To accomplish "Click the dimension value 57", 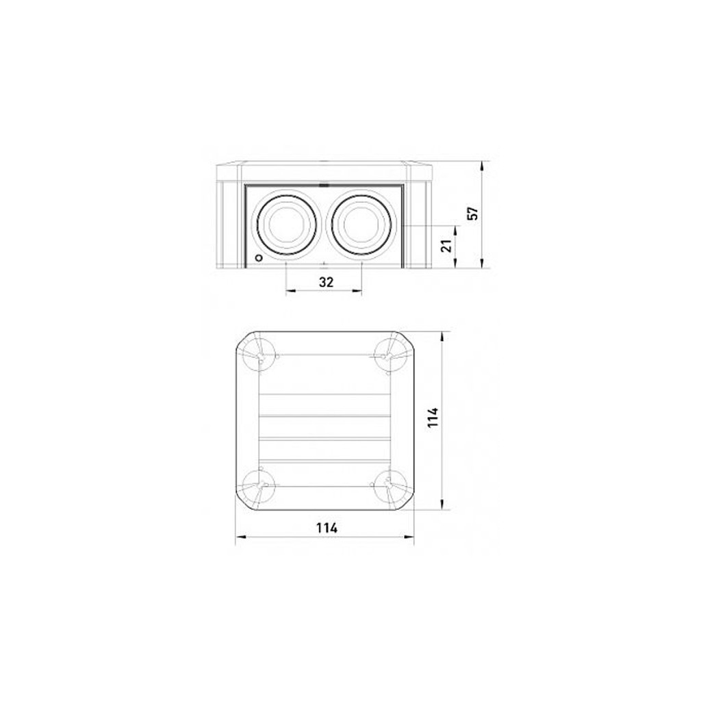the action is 473,214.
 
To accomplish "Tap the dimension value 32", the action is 327,282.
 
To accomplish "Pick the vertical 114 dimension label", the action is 433,417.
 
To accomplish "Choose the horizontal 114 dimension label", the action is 327,528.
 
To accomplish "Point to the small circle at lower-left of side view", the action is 258,258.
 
